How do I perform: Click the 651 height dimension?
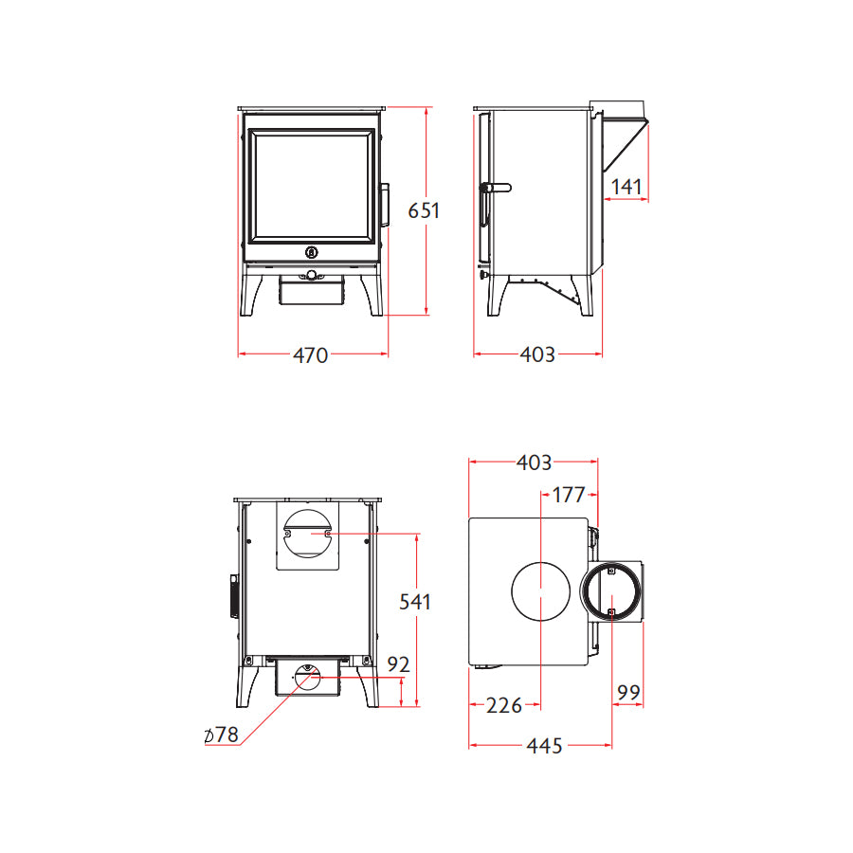pyautogui.click(x=424, y=210)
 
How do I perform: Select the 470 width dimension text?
pyautogui.click(x=310, y=355)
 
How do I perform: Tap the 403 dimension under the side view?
pyautogui.click(x=537, y=355)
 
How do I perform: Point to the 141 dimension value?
pyautogui.click(x=626, y=187)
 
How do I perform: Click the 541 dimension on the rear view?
pyautogui.click(x=414, y=601)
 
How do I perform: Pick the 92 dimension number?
pyautogui.click(x=399, y=664)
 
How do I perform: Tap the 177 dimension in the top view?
pyautogui.click(x=568, y=494)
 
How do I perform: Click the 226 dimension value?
pyautogui.click(x=503, y=705)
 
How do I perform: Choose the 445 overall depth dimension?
pyautogui.click(x=544, y=746)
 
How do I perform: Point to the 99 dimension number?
pyautogui.click(x=628, y=694)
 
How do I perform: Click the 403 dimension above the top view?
pyautogui.click(x=534, y=463)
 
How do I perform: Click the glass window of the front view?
pyautogui.click(x=310, y=186)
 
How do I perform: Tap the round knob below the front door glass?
pyautogui.click(x=311, y=252)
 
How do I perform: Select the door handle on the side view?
pyautogui.click(x=495, y=188)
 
